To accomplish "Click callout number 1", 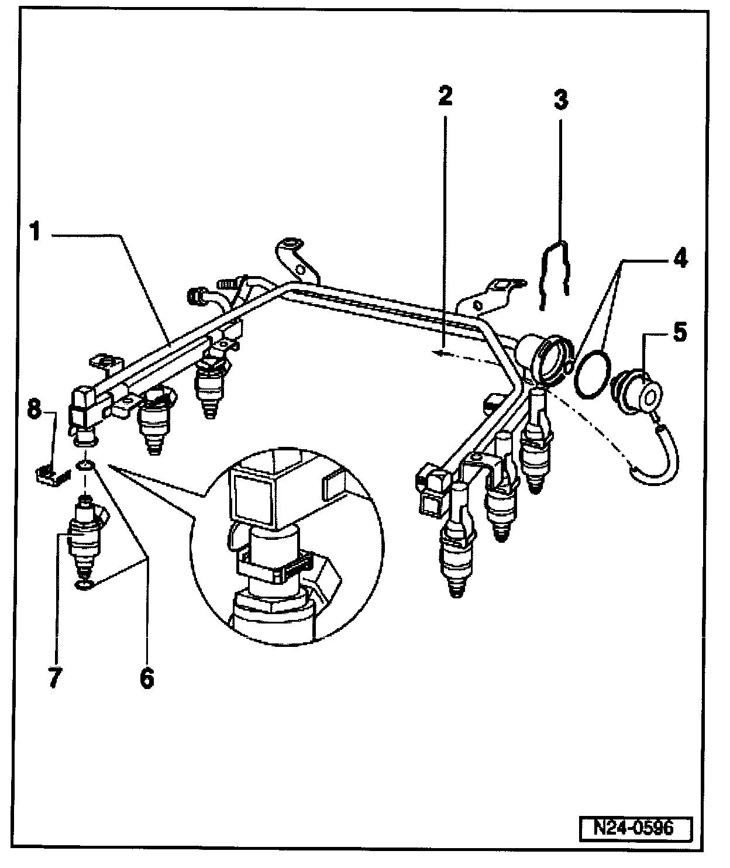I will coord(36,232).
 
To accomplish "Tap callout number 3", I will coord(560,100).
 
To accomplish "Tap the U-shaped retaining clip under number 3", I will coord(555,272).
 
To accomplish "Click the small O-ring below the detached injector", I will coord(84,585).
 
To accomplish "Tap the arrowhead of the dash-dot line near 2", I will coord(438,352).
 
